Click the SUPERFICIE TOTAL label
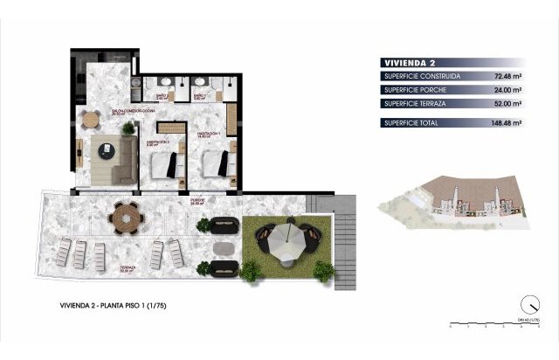click(416, 123)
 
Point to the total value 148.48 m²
click(504, 123)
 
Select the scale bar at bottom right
click(493, 323)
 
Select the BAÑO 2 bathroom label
click(198, 97)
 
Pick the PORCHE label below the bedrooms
click(198, 201)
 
